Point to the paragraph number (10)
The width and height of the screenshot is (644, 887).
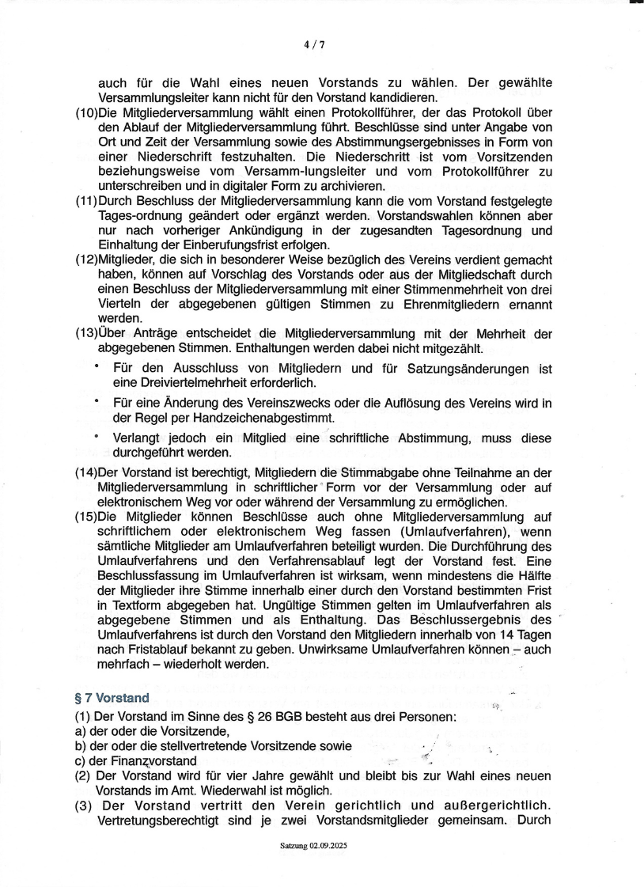pos(86,112)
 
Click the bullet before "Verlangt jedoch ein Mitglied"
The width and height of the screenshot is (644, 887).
pos(97,437)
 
